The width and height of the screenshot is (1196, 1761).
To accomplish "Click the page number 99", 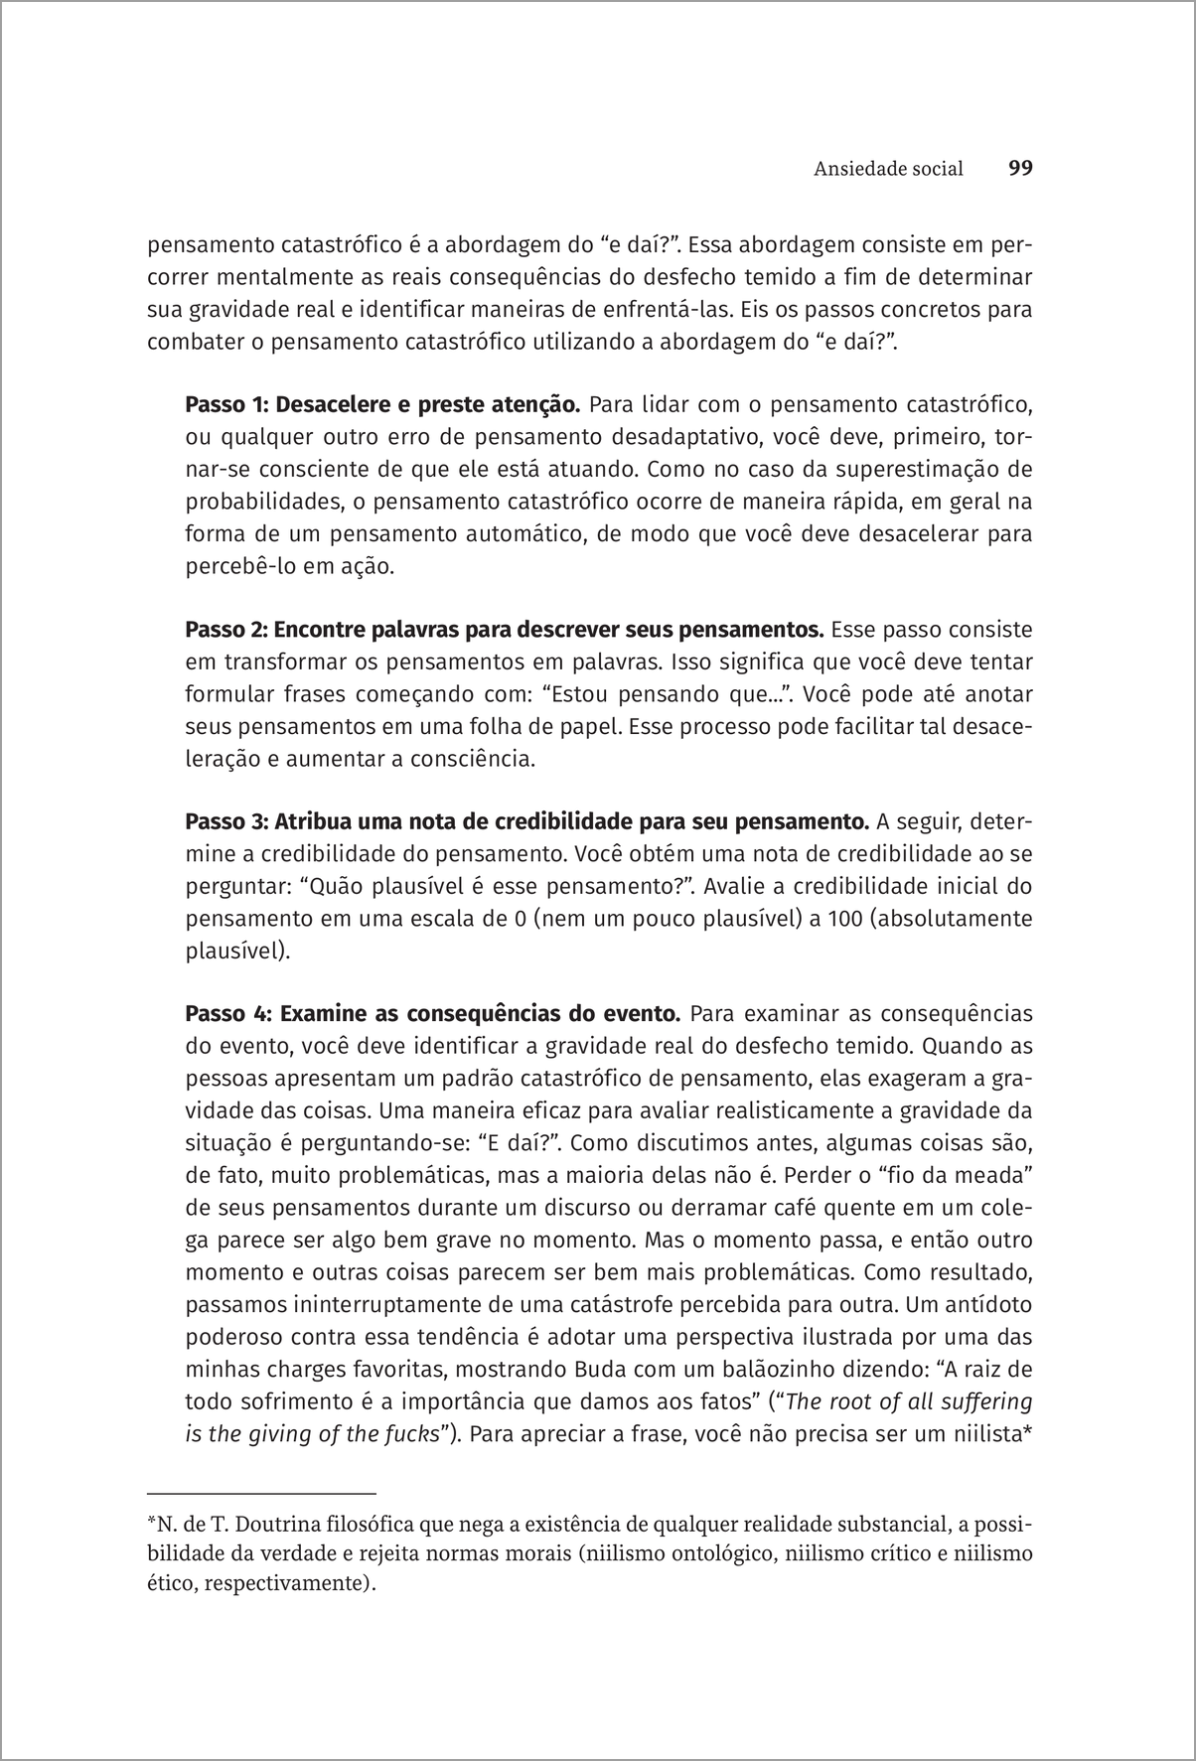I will click(1020, 168).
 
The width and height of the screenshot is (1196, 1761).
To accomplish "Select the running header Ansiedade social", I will click(888, 169).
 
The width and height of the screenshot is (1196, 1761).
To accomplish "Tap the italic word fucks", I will click(410, 1434).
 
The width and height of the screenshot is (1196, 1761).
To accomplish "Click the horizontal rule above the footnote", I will click(261, 1492).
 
